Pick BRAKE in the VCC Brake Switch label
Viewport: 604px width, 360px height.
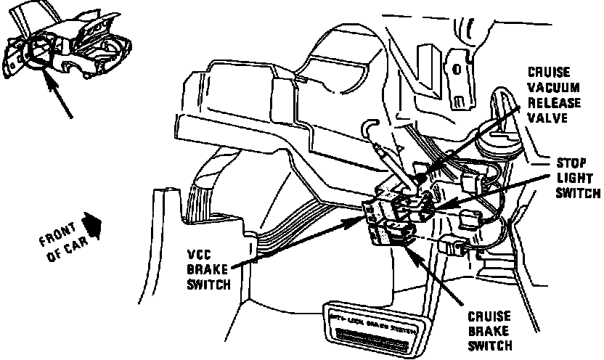click(205, 269)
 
